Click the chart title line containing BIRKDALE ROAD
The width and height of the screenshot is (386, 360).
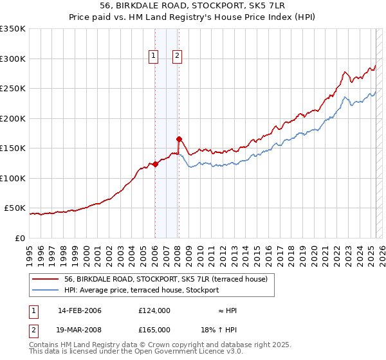192,5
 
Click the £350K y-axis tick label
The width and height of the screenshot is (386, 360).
13,29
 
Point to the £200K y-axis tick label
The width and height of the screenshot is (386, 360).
13,118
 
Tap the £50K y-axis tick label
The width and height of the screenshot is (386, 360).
15,208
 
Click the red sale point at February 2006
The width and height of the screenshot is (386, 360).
155,164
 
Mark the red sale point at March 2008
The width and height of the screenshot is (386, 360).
179,139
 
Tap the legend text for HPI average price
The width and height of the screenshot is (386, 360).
142,290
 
